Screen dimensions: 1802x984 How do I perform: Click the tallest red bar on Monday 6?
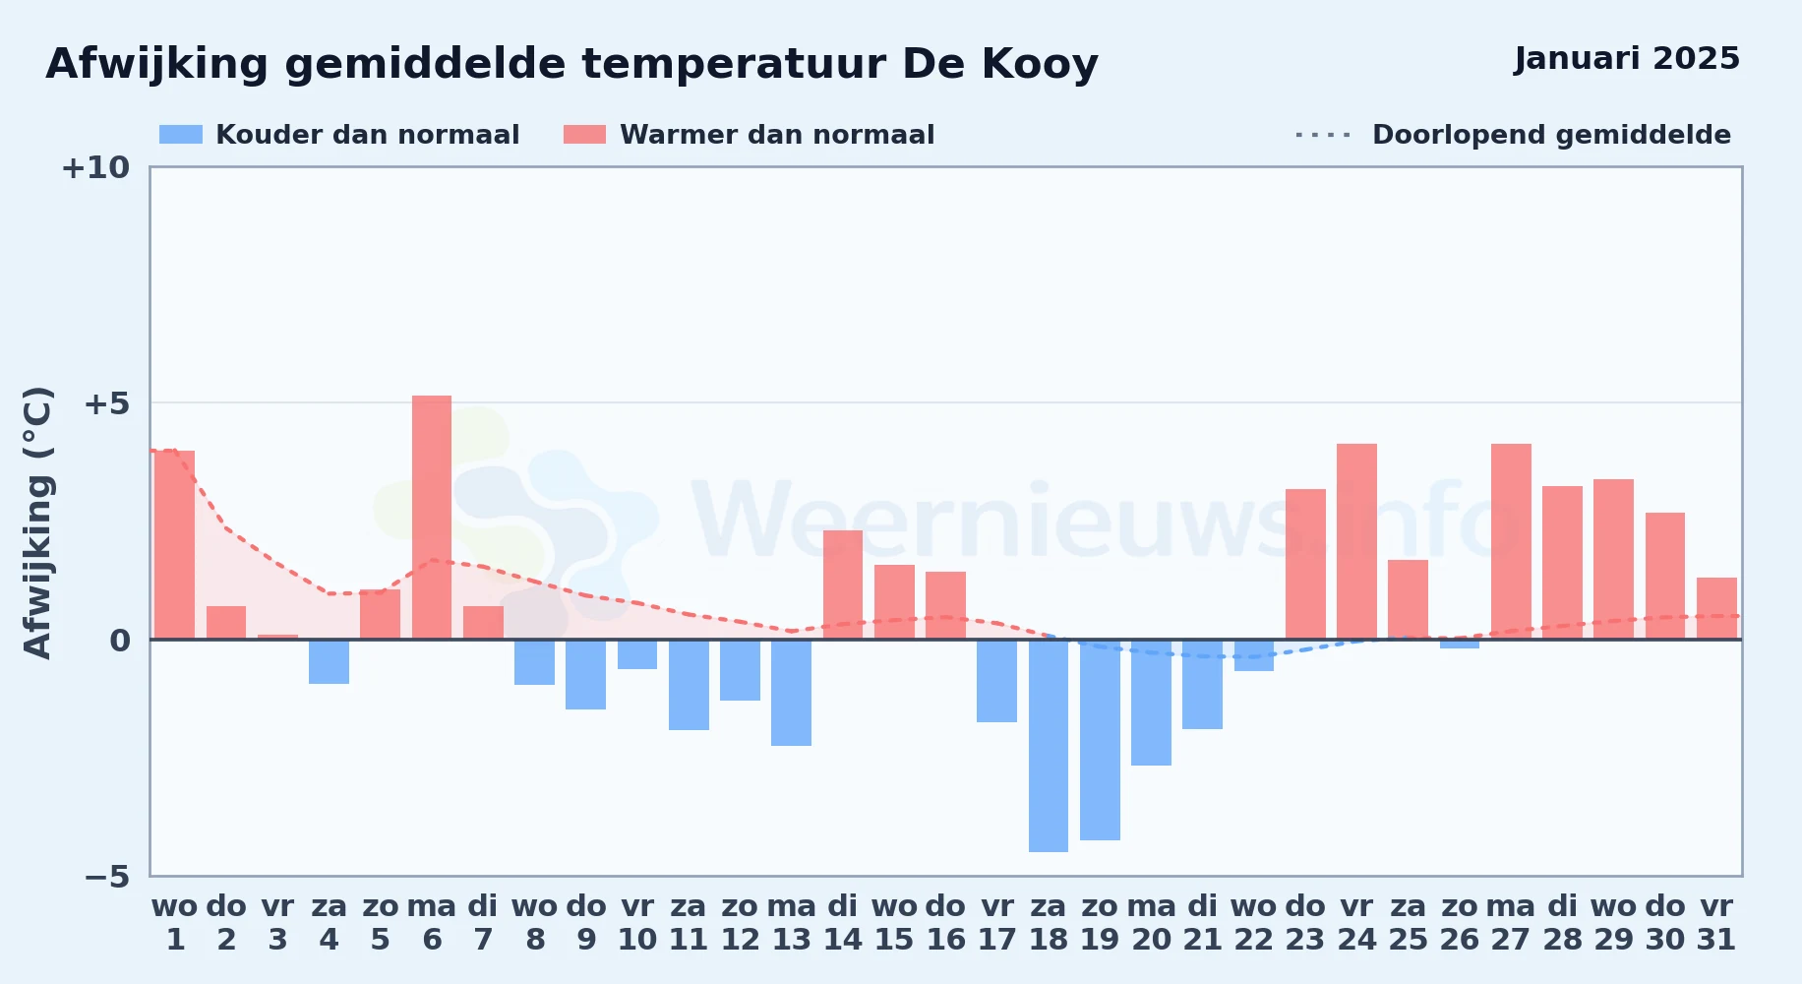432,518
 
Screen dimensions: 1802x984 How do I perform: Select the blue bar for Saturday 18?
1049,746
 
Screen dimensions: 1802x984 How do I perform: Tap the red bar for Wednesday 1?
175,545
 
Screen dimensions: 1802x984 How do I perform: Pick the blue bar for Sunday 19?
1100,740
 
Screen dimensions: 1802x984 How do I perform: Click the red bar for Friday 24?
1356,541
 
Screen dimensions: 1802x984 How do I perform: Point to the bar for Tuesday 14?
843,584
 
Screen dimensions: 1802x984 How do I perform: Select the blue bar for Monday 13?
792,693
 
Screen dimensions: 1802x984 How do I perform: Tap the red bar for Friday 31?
1716,608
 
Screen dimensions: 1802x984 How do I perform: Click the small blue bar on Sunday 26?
1460,644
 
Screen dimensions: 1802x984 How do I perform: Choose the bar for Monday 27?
1511,541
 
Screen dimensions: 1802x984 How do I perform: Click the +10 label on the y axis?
95,167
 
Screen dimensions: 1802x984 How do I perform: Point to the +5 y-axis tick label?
106,403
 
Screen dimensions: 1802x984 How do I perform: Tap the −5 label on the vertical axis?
106,877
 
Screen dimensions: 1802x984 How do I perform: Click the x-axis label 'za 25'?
1408,923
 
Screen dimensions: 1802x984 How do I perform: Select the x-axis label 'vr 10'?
637,923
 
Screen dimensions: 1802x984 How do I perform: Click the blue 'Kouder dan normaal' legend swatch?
181,135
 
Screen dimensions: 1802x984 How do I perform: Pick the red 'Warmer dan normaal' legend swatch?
585,135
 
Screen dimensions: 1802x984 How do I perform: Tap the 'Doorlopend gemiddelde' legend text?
1551,135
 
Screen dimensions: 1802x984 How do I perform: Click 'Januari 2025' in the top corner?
1627,59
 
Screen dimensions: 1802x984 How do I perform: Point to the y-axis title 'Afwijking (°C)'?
37,522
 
